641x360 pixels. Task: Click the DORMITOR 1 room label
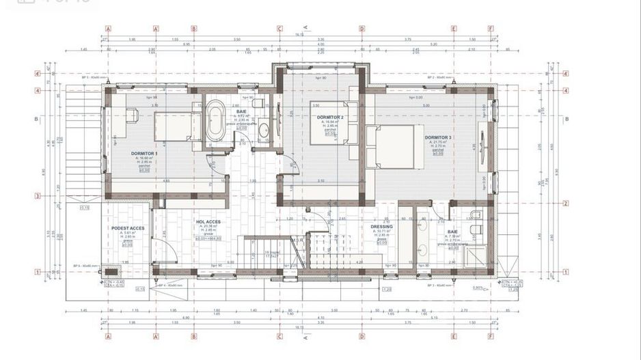pyautogui.click(x=145, y=153)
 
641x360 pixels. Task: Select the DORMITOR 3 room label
pyautogui.click(x=438, y=137)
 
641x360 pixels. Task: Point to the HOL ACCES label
pyautogui.click(x=208, y=222)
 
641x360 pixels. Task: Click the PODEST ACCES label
pyautogui.click(x=128, y=227)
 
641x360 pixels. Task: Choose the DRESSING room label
pyautogui.click(x=381, y=227)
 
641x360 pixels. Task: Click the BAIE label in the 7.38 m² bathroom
pyautogui.click(x=453, y=232)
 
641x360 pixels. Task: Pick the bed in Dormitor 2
pyautogui.click(x=334, y=123)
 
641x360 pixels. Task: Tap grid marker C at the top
pyautogui.click(x=279, y=29)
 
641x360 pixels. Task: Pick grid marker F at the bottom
pyautogui.click(x=491, y=336)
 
